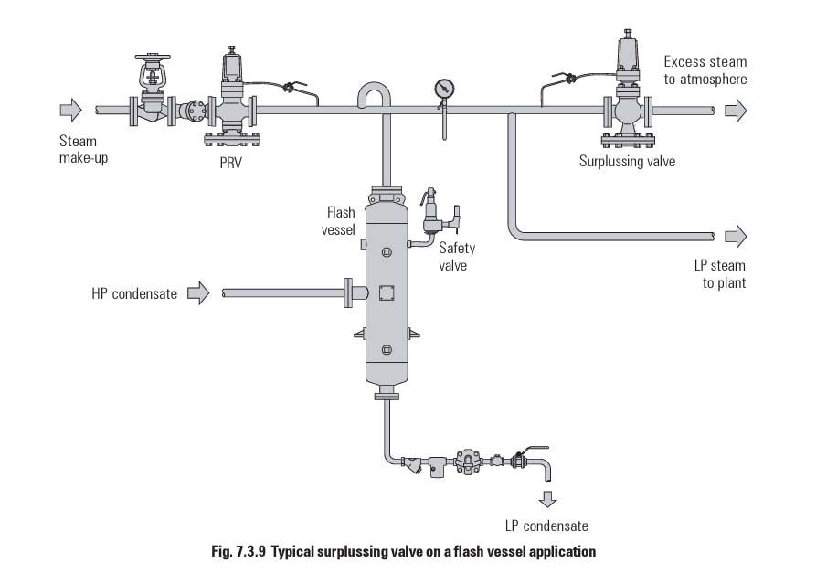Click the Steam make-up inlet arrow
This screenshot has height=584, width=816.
pos(70,110)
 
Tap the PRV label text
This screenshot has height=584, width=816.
pos(230,163)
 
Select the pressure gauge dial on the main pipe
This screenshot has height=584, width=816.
pos(444,89)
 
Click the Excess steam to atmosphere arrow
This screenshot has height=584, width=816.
pos(736,111)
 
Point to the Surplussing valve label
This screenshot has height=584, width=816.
pos(627,162)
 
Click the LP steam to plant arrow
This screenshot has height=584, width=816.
pos(736,237)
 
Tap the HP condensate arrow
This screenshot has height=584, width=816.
pos(198,293)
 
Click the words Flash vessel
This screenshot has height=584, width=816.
pos(339,221)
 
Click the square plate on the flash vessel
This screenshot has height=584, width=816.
pos(387,293)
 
